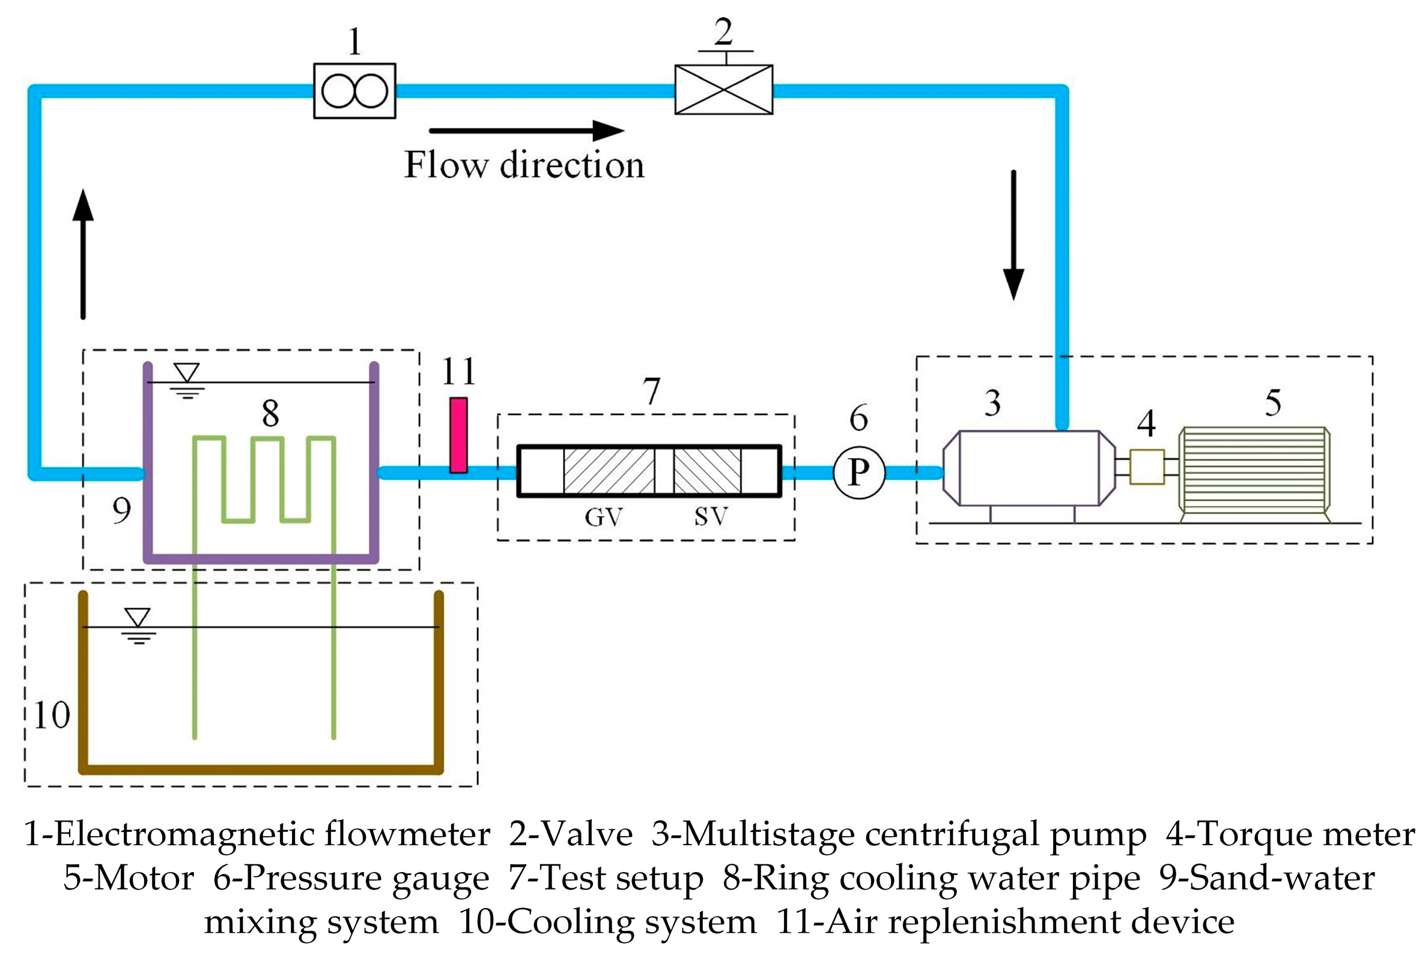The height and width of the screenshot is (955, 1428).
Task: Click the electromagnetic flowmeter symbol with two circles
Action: [354, 91]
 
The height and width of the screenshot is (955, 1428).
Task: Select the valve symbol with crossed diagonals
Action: [723, 89]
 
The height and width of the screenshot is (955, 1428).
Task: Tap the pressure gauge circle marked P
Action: [858, 472]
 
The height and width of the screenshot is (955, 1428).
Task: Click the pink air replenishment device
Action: [458, 435]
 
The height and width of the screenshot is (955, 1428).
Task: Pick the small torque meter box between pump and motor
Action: [1146, 467]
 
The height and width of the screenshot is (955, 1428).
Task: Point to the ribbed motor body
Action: [1254, 474]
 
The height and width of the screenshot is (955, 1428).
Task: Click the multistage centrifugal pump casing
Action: [1029, 468]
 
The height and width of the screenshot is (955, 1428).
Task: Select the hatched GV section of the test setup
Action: [609, 471]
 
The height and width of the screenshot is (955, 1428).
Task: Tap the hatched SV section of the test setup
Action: [706, 471]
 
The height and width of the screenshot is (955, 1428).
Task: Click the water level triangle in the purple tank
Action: [186, 372]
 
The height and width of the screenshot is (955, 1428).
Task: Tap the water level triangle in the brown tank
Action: [138, 617]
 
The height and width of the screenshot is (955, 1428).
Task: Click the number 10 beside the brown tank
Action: [51, 715]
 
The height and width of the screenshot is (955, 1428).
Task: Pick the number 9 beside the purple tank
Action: [121, 511]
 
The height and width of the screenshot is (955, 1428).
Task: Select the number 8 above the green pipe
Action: [270, 414]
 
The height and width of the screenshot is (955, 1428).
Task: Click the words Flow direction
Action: [524, 165]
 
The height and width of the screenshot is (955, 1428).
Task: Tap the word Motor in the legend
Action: [144, 878]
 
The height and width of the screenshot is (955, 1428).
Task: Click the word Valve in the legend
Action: [588, 834]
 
